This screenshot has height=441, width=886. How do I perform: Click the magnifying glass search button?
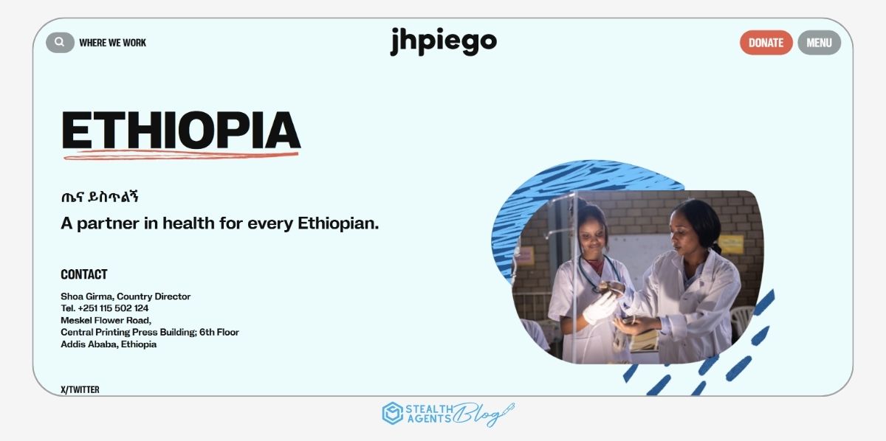click(60, 43)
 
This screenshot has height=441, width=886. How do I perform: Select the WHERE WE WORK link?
click(113, 43)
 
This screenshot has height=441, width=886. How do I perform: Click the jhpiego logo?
click(443, 42)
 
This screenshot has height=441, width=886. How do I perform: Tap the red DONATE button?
click(766, 43)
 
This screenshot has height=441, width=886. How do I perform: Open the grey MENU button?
click(819, 43)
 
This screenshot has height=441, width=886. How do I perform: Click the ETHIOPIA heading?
click(181, 131)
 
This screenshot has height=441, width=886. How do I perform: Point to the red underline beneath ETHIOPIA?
click(181, 155)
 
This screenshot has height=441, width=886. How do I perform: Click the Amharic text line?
click(100, 197)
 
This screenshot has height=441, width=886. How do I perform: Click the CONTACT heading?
click(84, 274)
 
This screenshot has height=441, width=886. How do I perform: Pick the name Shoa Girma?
click(86, 296)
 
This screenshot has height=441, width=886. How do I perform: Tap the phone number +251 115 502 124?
click(113, 308)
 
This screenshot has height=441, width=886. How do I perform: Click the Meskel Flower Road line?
click(106, 320)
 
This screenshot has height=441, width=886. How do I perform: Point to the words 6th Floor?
click(219, 332)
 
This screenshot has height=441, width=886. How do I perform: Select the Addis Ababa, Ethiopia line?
click(109, 344)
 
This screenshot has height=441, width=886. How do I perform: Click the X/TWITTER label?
click(80, 389)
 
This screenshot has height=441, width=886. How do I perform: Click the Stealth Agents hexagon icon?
click(392, 413)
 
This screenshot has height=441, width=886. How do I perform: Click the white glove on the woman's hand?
click(600, 308)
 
